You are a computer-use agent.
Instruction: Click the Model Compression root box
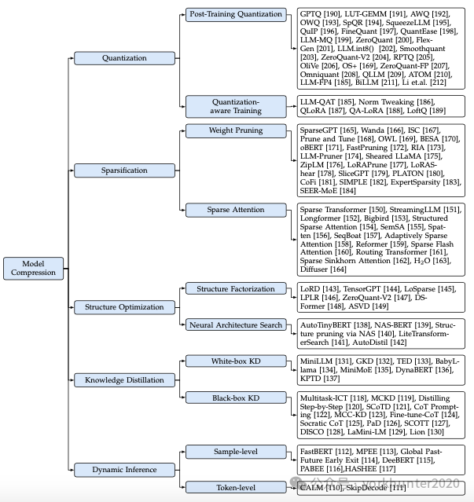[x=33, y=268]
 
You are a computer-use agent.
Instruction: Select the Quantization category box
[x=123, y=58]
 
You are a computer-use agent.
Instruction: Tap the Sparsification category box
[x=123, y=170]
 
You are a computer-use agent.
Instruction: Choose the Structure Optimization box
[x=124, y=307]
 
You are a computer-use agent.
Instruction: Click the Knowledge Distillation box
[x=124, y=380]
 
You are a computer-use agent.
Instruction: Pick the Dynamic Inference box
[x=124, y=470]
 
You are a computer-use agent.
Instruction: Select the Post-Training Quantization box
[x=236, y=14]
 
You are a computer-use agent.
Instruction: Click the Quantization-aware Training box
[x=236, y=106]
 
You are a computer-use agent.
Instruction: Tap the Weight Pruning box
[x=236, y=130]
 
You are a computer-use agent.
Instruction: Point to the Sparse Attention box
[x=236, y=210]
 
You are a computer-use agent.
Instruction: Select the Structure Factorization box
[x=236, y=290]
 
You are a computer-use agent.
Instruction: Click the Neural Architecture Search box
[x=236, y=324]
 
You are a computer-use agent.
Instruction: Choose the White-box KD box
[x=236, y=361]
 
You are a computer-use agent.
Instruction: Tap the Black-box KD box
[x=236, y=398]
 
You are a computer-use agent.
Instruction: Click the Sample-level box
[x=236, y=452]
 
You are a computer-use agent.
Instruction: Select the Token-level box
[x=236, y=488]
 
